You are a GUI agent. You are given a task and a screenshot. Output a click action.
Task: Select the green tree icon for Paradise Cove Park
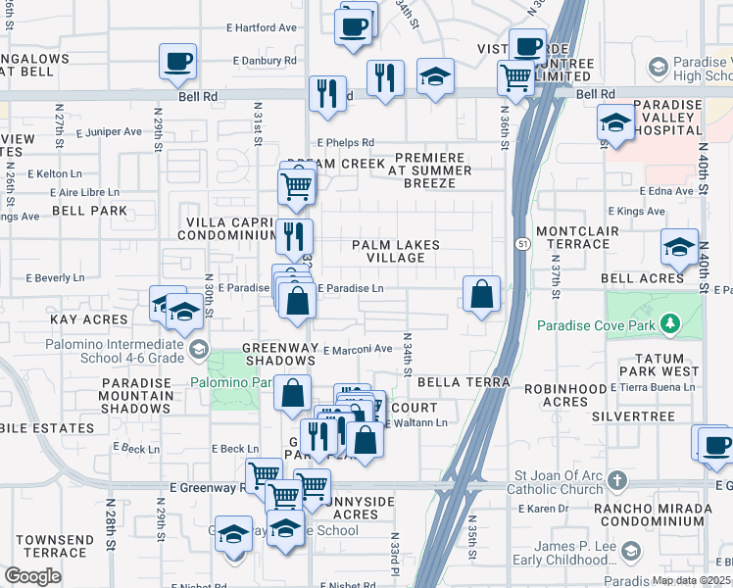pyautogui.click(x=670, y=323)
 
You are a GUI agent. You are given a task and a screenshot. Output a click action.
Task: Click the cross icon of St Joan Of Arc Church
pyautogui.click(x=616, y=480)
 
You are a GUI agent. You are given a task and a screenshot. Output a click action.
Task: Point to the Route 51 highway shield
pyautogui.click(x=519, y=243)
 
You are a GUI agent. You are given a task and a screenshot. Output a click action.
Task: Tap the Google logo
pyautogui.click(x=32, y=576)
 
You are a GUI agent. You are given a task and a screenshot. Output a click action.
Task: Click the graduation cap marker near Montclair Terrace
pyautogui.click(x=679, y=248)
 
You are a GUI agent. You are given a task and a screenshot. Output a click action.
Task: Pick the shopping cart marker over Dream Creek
pyautogui.click(x=296, y=184)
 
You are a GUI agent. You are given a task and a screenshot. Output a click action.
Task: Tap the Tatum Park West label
pyautogui.click(x=666, y=366)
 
